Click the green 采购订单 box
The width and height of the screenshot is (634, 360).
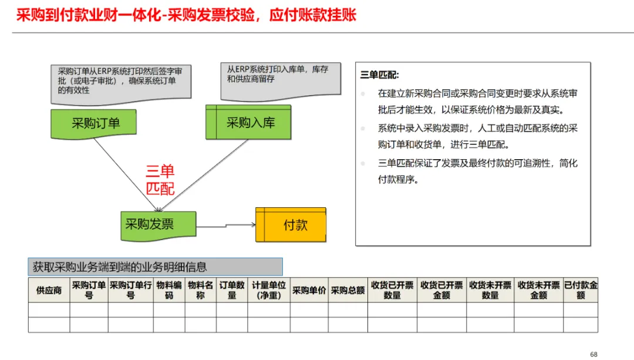96,123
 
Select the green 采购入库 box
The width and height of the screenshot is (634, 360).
248,123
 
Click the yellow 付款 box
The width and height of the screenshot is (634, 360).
291,225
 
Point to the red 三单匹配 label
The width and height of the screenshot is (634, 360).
160,180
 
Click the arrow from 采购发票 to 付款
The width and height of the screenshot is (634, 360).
226,224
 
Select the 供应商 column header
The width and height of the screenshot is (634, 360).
49,290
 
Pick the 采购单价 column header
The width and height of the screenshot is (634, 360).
309,290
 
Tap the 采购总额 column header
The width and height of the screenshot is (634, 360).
348,290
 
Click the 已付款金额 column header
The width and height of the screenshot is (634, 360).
581,290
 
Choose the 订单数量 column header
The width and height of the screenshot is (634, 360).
232,290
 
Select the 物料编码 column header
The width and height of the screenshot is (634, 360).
168,290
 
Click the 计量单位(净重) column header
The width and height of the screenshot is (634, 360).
269,290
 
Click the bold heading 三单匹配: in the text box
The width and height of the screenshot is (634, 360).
380,75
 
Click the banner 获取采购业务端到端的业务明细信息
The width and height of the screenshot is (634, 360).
156,267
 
